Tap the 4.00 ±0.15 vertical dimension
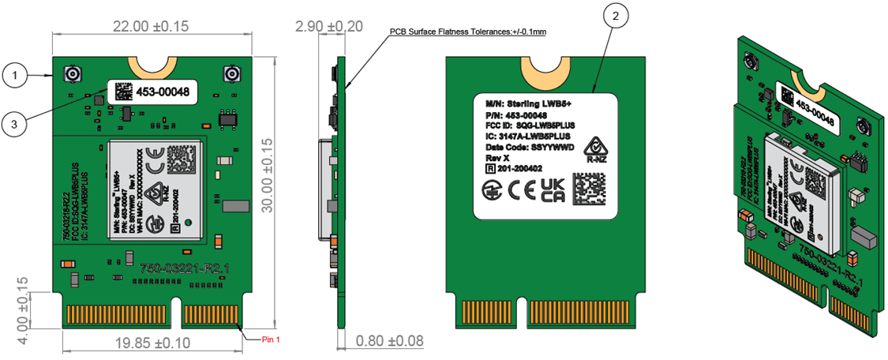[23, 309]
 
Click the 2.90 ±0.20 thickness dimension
[328, 27]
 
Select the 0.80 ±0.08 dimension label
[389, 341]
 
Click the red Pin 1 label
[271, 339]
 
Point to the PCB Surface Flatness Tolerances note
[467, 32]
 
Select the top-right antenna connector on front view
[232, 76]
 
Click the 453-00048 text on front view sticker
[163, 92]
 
